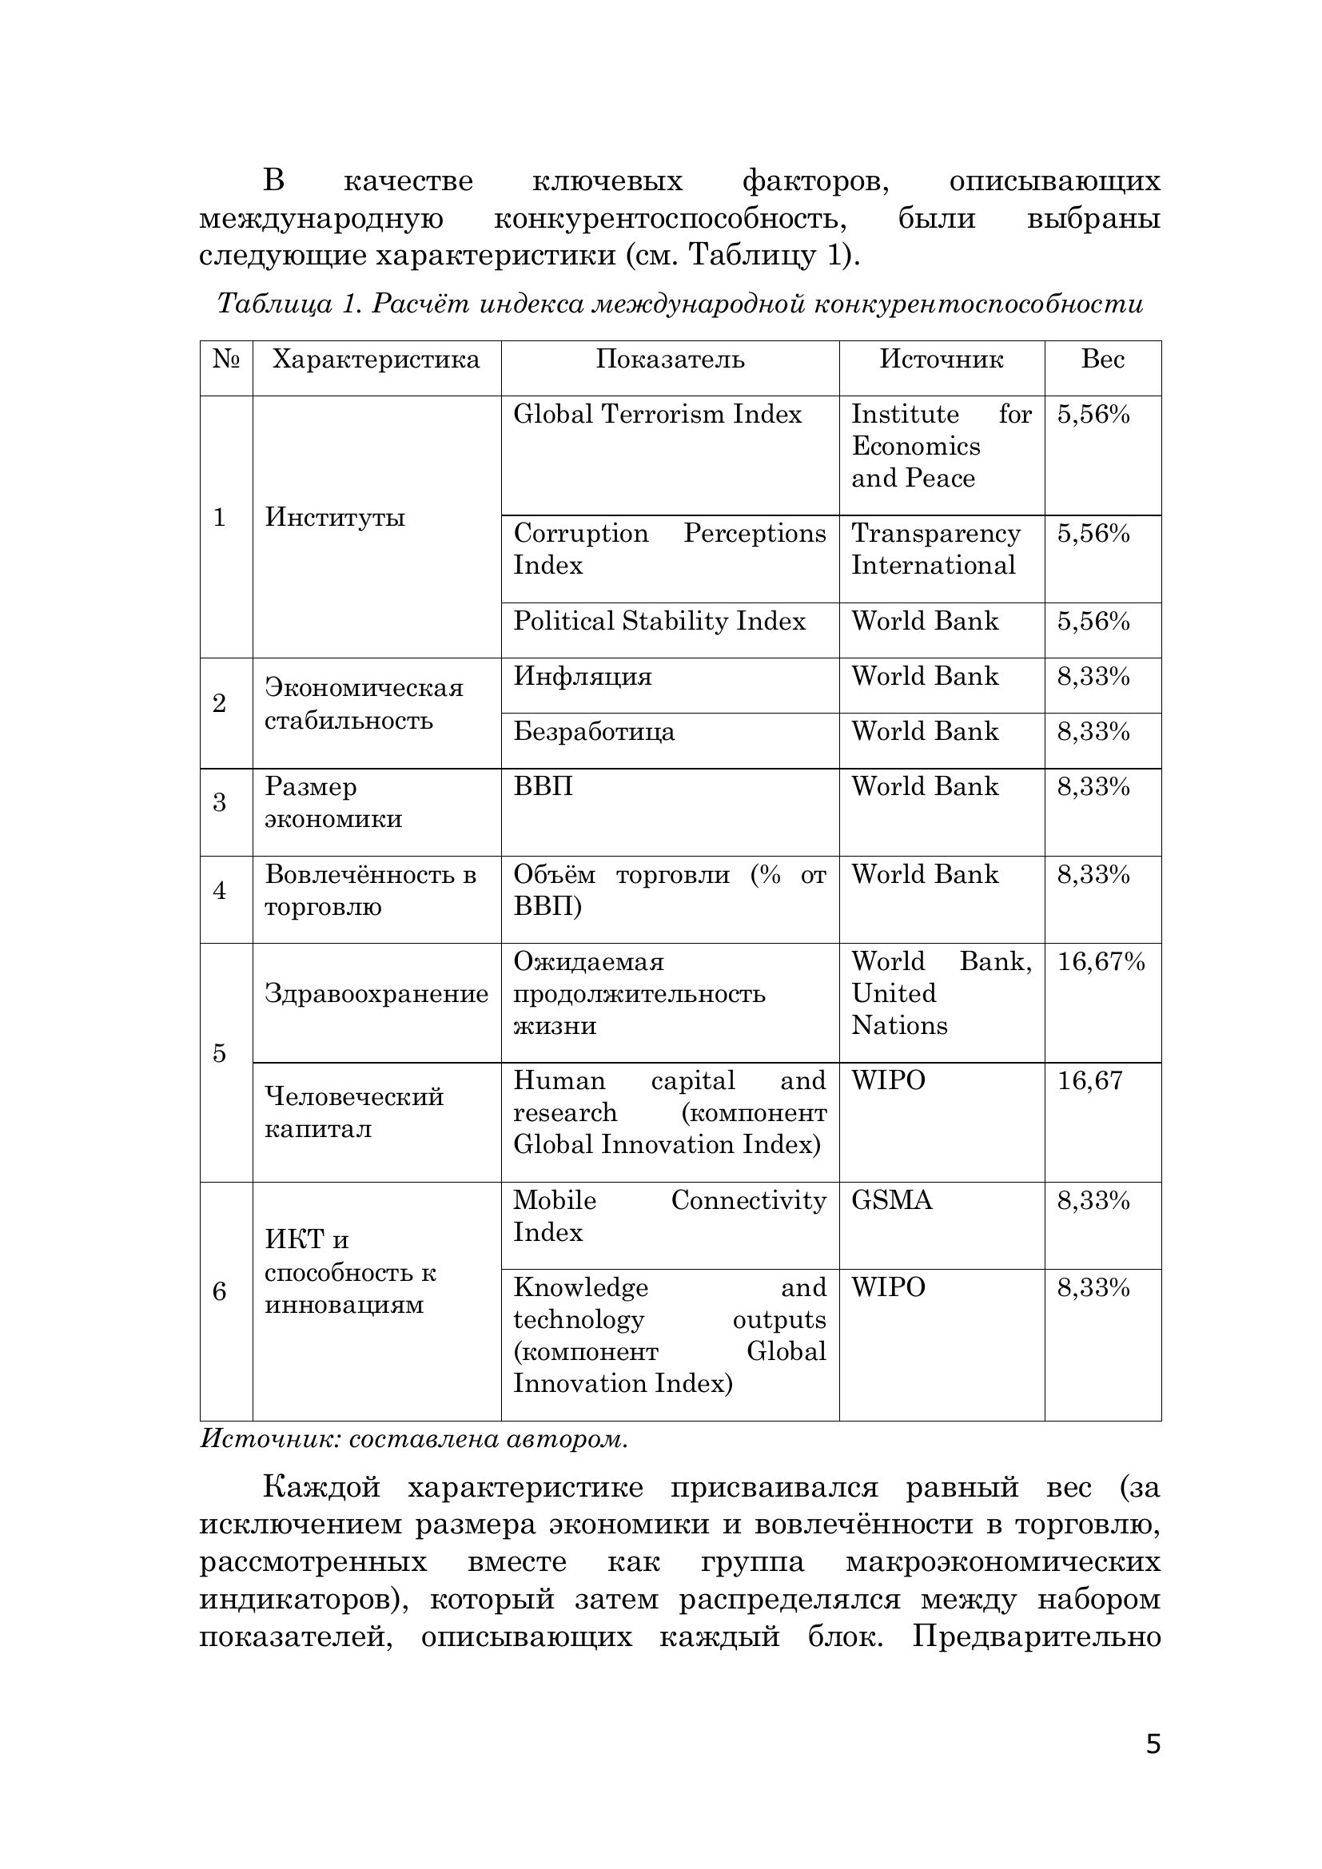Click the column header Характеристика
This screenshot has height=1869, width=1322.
click(x=376, y=360)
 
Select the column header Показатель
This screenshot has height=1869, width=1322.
click(x=670, y=360)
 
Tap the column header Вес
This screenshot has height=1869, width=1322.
click(x=1103, y=360)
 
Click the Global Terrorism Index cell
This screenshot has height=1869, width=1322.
click(x=658, y=416)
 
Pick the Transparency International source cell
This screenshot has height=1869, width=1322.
click(x=935, y=550)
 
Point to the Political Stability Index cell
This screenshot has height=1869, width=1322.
click(x=659, y=622)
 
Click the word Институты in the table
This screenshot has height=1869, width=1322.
click(x=335, y=518)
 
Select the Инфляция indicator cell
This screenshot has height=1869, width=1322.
click(x=583, y=678)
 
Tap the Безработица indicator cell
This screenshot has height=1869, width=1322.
click(x=594, y=732)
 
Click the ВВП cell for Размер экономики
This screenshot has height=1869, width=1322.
click(x=543, y=787)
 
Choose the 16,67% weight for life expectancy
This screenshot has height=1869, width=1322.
click(x=1101, y=962)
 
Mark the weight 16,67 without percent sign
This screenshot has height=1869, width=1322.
click(x=1089, y=1081)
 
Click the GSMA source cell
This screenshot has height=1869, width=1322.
click(x=892, y=1201)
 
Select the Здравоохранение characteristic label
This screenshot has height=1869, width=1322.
click(x=376, y=994)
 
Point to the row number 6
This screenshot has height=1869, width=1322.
click(x=219, y=1292)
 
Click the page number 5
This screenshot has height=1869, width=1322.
click(x=1153, y=1768)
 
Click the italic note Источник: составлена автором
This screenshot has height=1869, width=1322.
click(x=414, y=1439)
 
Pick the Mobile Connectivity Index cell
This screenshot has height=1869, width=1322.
click(x=669, y=1216)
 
